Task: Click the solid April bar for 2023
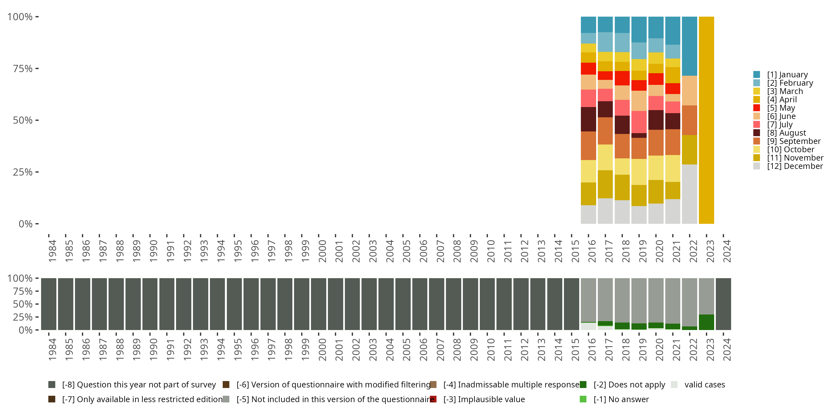tap(706, 120)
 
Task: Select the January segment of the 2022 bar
tap(689, 46)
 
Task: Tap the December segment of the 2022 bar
tap(689, 194)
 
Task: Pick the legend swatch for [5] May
tap(757, 108)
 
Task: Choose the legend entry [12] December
tap(788, 166)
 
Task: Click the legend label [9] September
tap(794, 141)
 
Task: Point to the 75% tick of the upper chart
tap(37, 69)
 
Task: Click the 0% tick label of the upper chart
tap(26, 224)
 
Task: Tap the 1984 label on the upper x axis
tap(52, 251)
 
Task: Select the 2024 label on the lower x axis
tap(727, 349)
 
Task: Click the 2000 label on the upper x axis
tap(322, 251)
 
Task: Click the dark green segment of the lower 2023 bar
tap(706, 322)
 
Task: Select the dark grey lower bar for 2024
tap(723, 304)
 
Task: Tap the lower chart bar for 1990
tap(150, 304)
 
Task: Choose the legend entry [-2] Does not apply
tap(623, 385)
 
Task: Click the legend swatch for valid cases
tap(674, 385)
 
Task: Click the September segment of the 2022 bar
tap(689, 120)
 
